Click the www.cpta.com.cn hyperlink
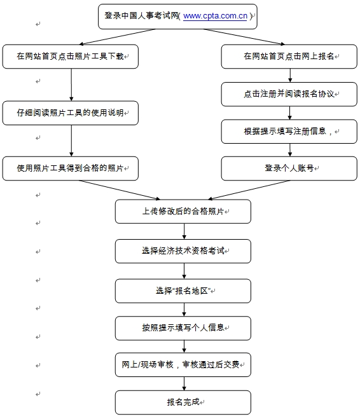click(215, 17)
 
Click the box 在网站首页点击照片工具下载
click(70, 57)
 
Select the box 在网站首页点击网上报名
click(290, 57)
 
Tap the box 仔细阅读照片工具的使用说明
click(70, 113)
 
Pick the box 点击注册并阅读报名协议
click(290, 93)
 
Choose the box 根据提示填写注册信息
click(290, 131)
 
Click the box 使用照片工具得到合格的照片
click(70, 168)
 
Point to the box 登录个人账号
click(290, 168)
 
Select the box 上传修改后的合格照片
click(183, 211)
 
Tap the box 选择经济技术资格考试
click(183, 251)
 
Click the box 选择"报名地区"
click(183, 290)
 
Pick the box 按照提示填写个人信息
click(183, 328)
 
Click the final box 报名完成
click(183, 402)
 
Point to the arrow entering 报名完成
click(184, 383)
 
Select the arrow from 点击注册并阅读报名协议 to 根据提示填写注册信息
click(291, 113)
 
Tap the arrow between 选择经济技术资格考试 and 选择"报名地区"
click(184, 270)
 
